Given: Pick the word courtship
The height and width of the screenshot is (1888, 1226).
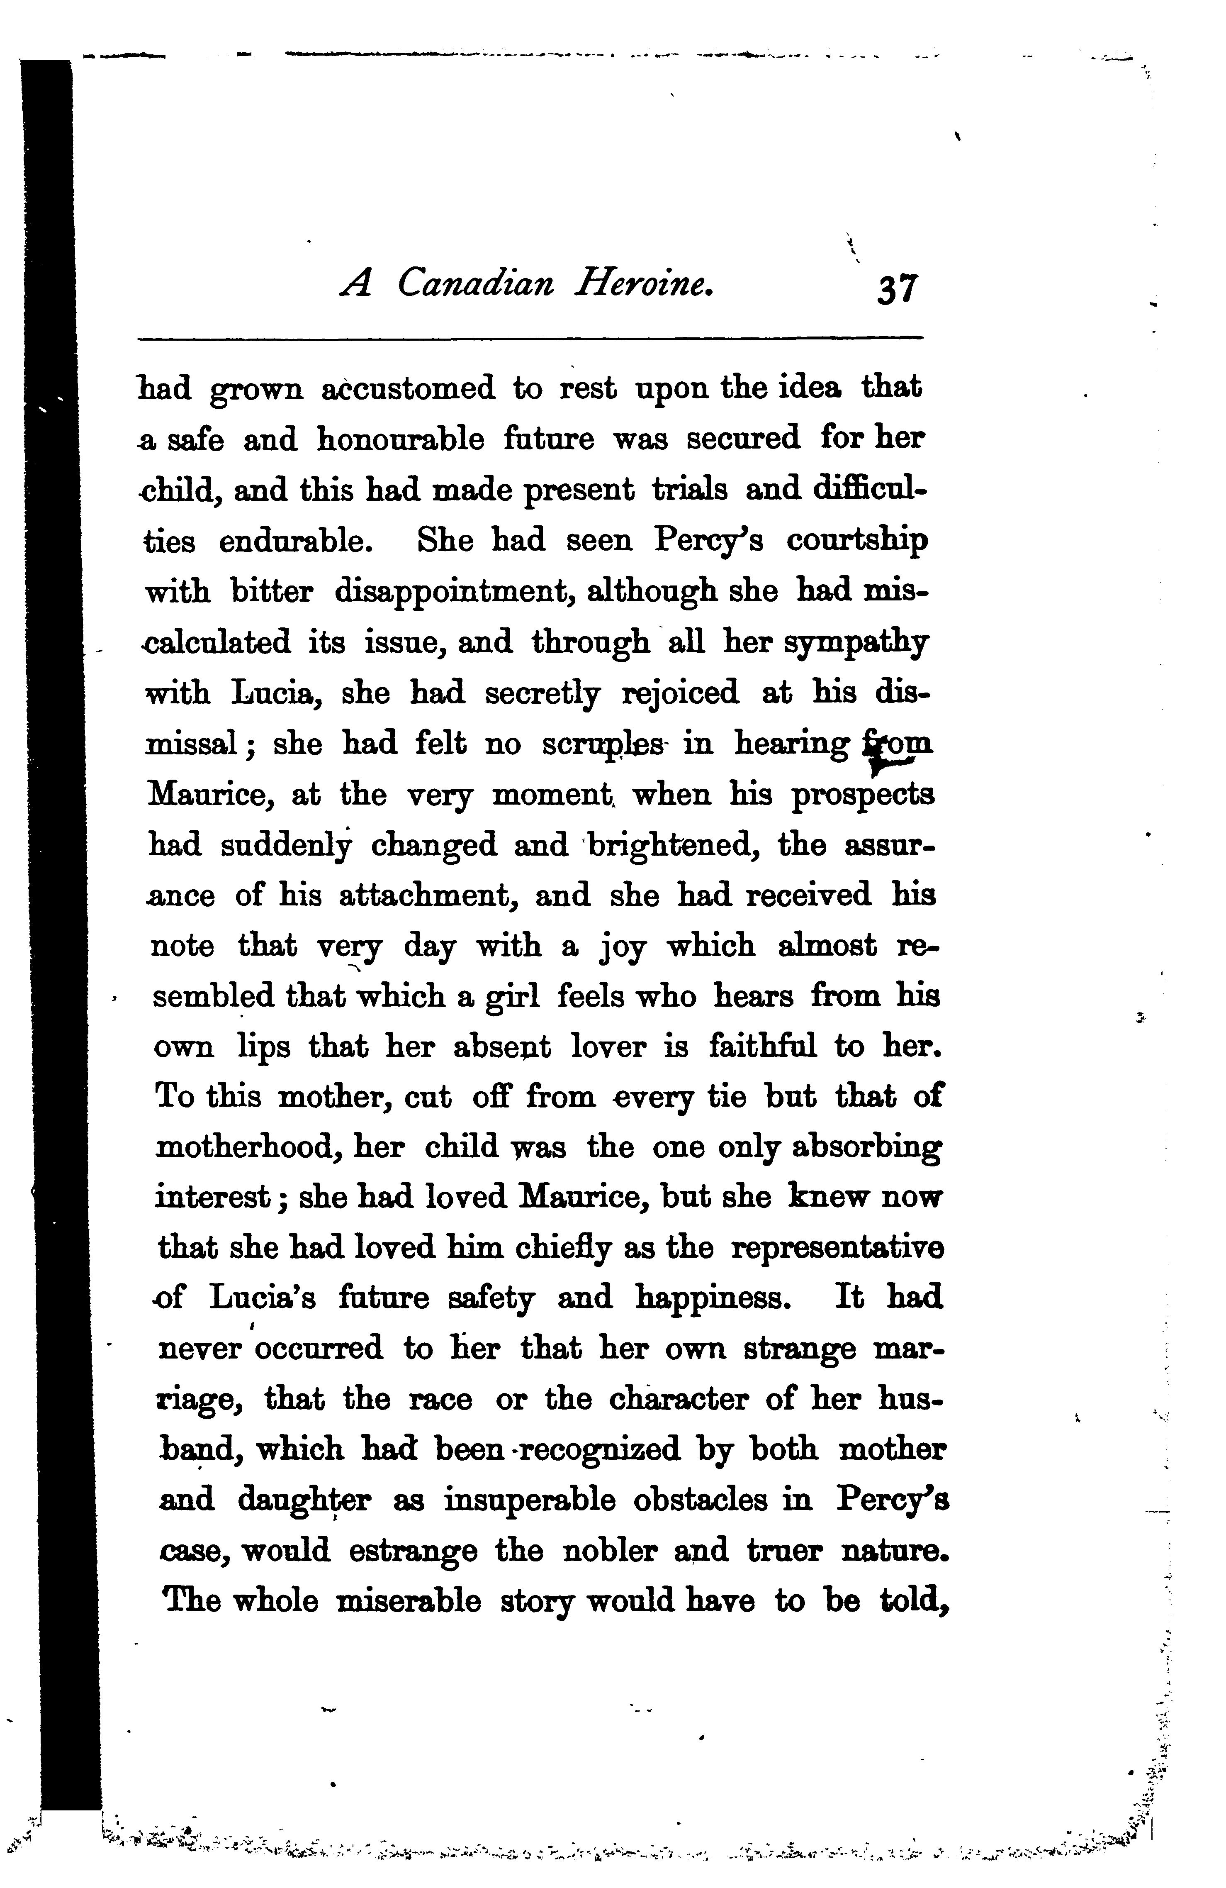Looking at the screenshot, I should [x=856, y=541].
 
